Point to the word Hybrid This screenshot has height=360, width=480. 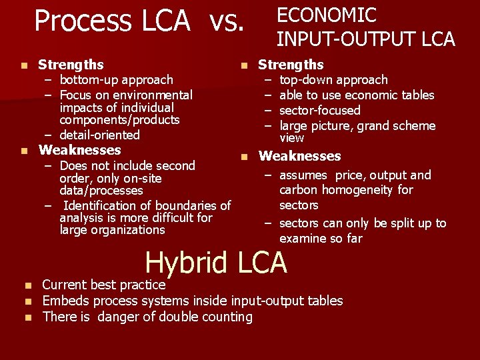(187, 262)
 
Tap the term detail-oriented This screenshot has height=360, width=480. (99, 135)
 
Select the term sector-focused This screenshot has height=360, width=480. (319, 111)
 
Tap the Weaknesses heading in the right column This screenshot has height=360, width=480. (299, 156)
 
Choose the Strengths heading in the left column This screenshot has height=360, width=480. (71, 65)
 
